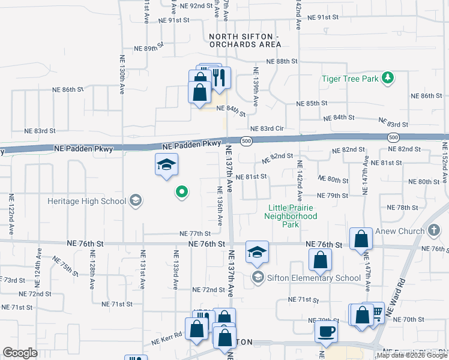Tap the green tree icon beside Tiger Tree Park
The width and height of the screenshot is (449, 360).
tap(388, 77)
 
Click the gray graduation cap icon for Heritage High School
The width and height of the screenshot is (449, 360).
tap(136, 200)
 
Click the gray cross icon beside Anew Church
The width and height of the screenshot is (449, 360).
tap(435, 231)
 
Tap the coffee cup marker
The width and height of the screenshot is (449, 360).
tap(327, 331)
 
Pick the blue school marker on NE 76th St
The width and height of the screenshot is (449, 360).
tap(257, 252)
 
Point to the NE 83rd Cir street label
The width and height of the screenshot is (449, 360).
tap(267, 128)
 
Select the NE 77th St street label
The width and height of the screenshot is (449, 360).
tap(195, 233)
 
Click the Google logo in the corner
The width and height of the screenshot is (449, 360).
tap(20, 353)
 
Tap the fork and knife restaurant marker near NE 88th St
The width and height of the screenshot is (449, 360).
tap(218, 78)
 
